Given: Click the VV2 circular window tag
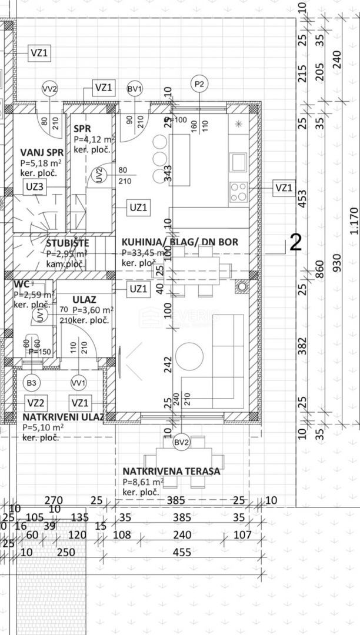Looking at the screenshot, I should (x=50, y=89).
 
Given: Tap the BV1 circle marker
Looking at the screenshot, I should (x=135, y=89).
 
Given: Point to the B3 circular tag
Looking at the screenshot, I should (x=32, y=383).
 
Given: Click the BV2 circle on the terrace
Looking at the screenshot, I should (x=181, y=443).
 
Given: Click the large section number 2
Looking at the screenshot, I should (x=296, y=243).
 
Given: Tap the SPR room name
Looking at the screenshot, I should (x=82, y=129).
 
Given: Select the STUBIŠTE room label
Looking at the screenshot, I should (x=68, y=243).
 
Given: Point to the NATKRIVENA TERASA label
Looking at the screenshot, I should (x=171, y=471).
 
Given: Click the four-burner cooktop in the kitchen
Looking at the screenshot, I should (x=239, y=189).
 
